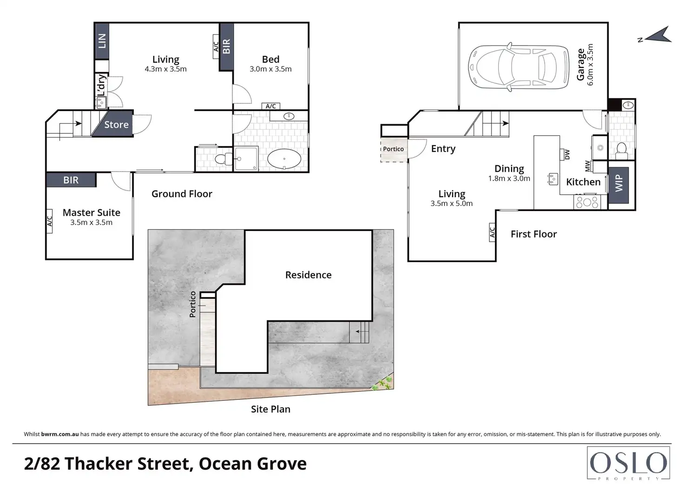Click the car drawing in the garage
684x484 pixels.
[519, 67]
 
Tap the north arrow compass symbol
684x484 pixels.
[657, 35]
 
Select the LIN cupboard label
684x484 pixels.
[102, 41]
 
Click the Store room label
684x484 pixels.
[116, 125]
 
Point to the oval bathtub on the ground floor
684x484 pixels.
[284, 159]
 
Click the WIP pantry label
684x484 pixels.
[618, 183]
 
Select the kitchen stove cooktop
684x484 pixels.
[587, 202]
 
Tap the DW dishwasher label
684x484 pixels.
[567, 154]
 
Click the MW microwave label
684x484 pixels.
[587, 166]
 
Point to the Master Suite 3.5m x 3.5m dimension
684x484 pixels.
[91, 222]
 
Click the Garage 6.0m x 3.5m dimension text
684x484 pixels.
[590, 65]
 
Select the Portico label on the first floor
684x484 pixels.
[393, 149]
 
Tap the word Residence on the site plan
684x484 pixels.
[309, 275]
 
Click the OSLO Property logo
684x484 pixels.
[628, 464]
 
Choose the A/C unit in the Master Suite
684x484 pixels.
[49, 221]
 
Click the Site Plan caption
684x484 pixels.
[270, 409]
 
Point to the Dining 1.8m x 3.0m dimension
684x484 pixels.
[509, 179]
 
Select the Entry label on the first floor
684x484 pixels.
[443, 149]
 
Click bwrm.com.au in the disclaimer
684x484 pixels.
[60, 434]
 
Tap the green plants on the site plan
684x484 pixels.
[382, 384]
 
